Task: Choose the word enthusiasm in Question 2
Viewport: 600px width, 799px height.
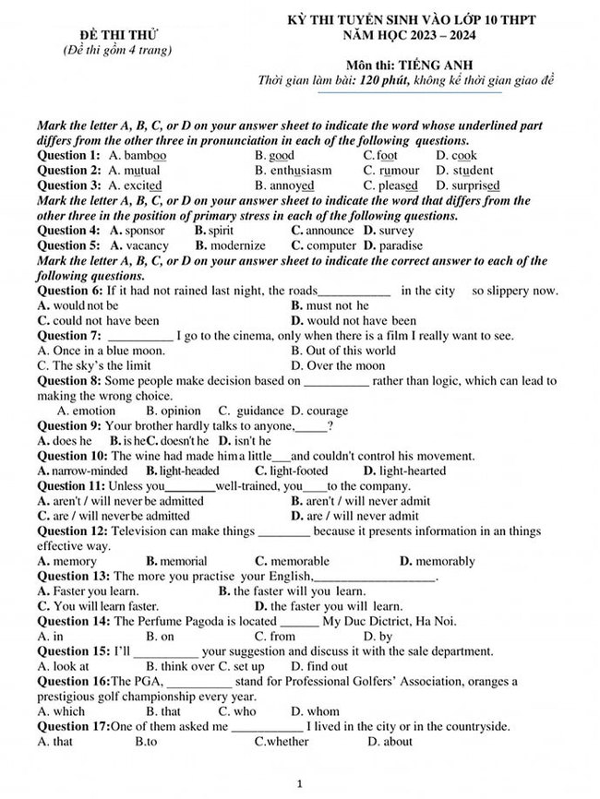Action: tap(301, 171)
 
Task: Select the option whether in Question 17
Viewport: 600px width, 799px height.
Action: tap(289, 742)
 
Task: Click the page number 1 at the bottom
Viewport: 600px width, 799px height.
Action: tap(300, 783)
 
